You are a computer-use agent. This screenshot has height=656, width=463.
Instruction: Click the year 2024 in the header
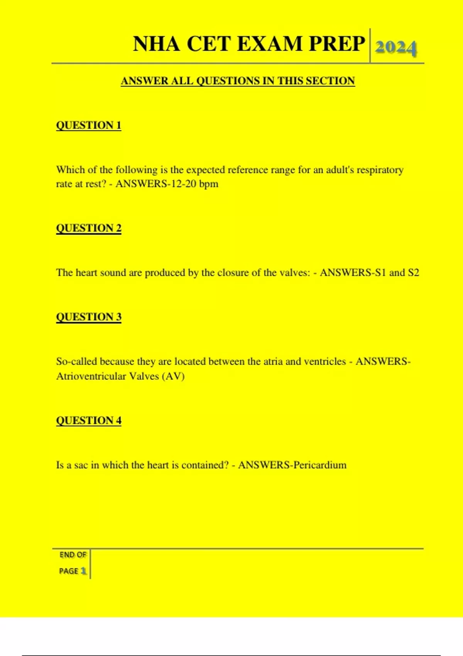point(395,47)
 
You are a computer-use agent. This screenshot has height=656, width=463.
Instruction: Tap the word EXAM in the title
point(269,44)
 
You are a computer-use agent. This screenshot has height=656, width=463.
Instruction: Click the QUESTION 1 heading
point(89,125)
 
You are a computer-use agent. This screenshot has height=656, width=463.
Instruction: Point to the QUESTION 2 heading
point(89,228)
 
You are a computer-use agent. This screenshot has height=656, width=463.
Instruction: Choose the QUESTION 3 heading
point(89,317)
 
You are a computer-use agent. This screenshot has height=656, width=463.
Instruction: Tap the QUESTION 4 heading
point(89,420)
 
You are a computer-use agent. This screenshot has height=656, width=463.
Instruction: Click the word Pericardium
point(320,465)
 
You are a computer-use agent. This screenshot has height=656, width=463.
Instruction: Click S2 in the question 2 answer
point(413,273)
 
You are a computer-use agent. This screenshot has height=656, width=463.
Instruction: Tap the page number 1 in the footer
point(83,571)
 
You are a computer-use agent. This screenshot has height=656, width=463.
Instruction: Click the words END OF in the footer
point(73,555)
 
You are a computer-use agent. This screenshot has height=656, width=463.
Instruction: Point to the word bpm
point(209,184)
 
